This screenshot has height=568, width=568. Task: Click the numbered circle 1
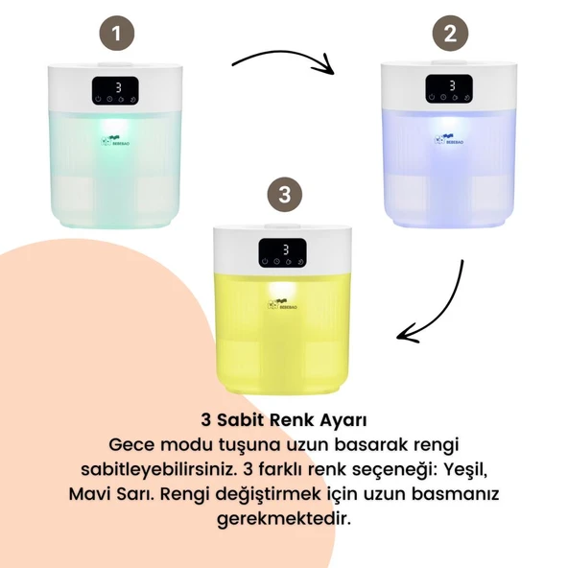click(x=117, y=35)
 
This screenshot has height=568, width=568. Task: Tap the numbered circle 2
click(x=450, y=35)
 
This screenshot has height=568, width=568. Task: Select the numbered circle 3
click(x=283, y=194)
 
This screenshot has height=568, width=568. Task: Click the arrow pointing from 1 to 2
click(x=283, y=61)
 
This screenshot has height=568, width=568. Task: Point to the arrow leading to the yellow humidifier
click(x=441, y=307)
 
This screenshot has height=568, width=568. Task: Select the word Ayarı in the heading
click(x=342, y=420)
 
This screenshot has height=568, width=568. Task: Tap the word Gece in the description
click(x=131, y=445)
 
